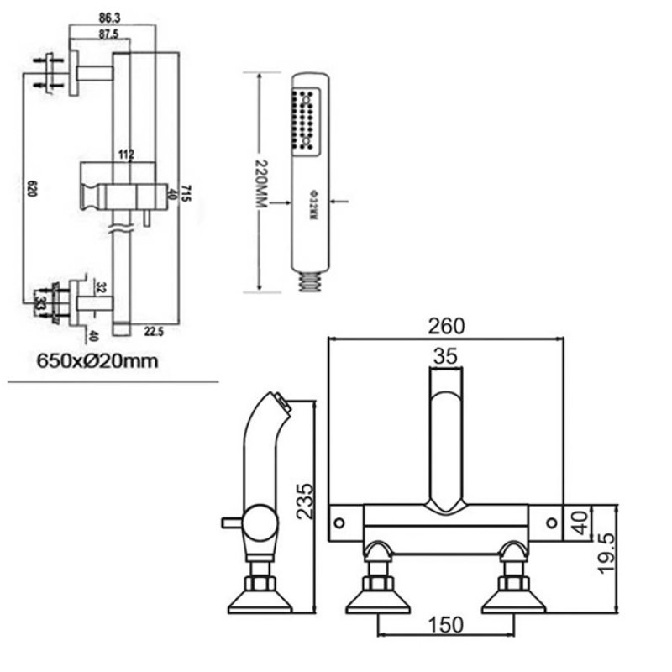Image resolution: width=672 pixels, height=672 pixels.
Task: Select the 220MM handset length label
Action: click(260, 183)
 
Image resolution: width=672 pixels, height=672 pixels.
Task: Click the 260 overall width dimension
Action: click(445, 325)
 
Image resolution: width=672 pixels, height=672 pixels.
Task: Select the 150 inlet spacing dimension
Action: click(444, 624)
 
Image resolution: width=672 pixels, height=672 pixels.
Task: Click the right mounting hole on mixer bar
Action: click(551, 522)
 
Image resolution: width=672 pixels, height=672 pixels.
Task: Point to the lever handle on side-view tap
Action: click(230, 522)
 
